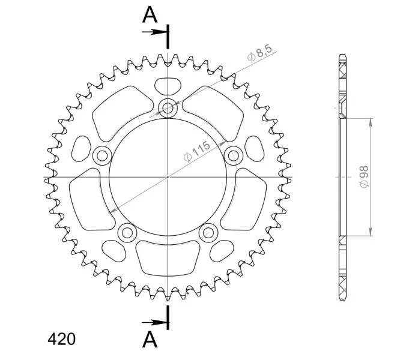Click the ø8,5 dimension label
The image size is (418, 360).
pos(259,53)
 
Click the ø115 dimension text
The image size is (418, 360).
pos(197,151)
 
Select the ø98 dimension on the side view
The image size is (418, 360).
pos(364,176)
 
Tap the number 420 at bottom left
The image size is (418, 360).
pos(62,339)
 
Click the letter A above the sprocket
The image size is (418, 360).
pos(150,14)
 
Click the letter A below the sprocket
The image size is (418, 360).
pos(150,339)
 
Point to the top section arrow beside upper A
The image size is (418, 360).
pos(154,32)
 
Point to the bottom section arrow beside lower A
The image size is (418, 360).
pos(154,323)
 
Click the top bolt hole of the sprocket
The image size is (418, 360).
pos(168,108)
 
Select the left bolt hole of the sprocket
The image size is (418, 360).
pos(102,155)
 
